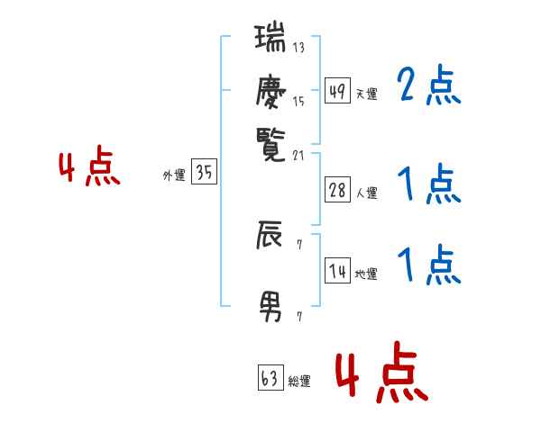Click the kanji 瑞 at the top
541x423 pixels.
(270, 37)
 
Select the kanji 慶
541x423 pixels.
(270, 91)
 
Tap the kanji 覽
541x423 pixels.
(270, 145)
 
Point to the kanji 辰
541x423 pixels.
(269, 235)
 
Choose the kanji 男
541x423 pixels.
(270, 307)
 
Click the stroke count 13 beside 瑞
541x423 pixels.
(298, 47)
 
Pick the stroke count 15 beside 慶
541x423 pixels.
(298, 102)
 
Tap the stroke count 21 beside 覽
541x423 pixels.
(298, 156)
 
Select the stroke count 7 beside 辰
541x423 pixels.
(299, 245)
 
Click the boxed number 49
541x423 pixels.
(337, 90)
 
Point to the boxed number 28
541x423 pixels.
(337, 190)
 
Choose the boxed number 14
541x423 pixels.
(337, 270)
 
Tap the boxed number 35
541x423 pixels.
(205, 171)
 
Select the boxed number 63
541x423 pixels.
(270, 377)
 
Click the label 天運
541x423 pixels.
(367, 94)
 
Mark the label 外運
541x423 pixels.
(174, 175)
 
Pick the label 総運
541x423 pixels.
(299, 382)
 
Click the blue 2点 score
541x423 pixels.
(429, 85)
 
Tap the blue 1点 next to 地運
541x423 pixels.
(429, 264)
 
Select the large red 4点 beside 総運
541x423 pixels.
(382, 372)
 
